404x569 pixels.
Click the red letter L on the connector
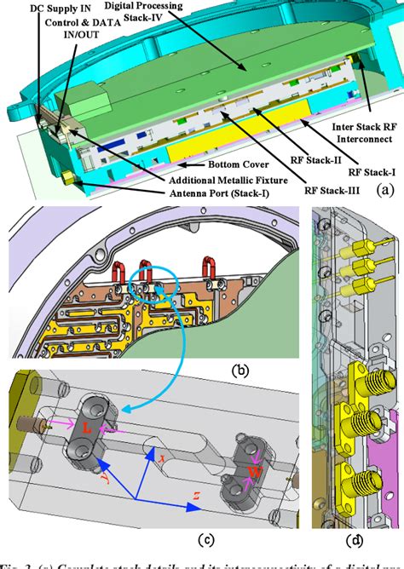pyautogui.click(x=89, y=428)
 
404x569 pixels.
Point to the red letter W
pyautogui.click(x=255, y=470)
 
